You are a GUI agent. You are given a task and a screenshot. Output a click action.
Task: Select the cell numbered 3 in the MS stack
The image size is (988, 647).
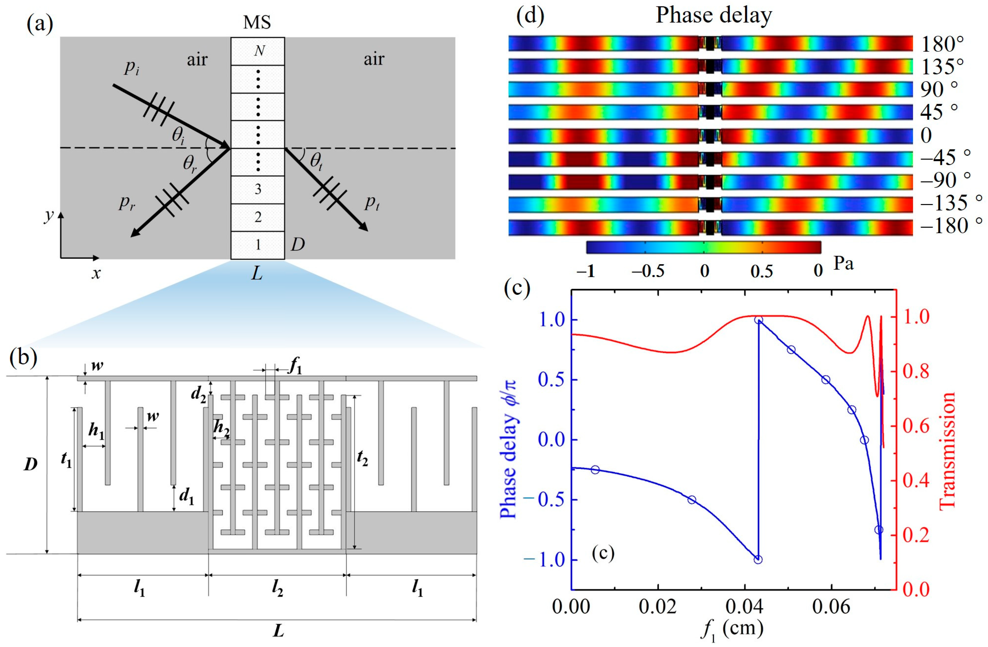coord(258,190)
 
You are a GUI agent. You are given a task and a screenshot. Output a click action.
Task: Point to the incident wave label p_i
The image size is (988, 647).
coord(132,68)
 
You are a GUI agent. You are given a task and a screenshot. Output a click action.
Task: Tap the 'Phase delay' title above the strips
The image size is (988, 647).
coord(713,15)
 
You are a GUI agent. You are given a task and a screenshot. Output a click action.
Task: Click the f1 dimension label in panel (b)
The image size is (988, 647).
coord(295,368)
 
